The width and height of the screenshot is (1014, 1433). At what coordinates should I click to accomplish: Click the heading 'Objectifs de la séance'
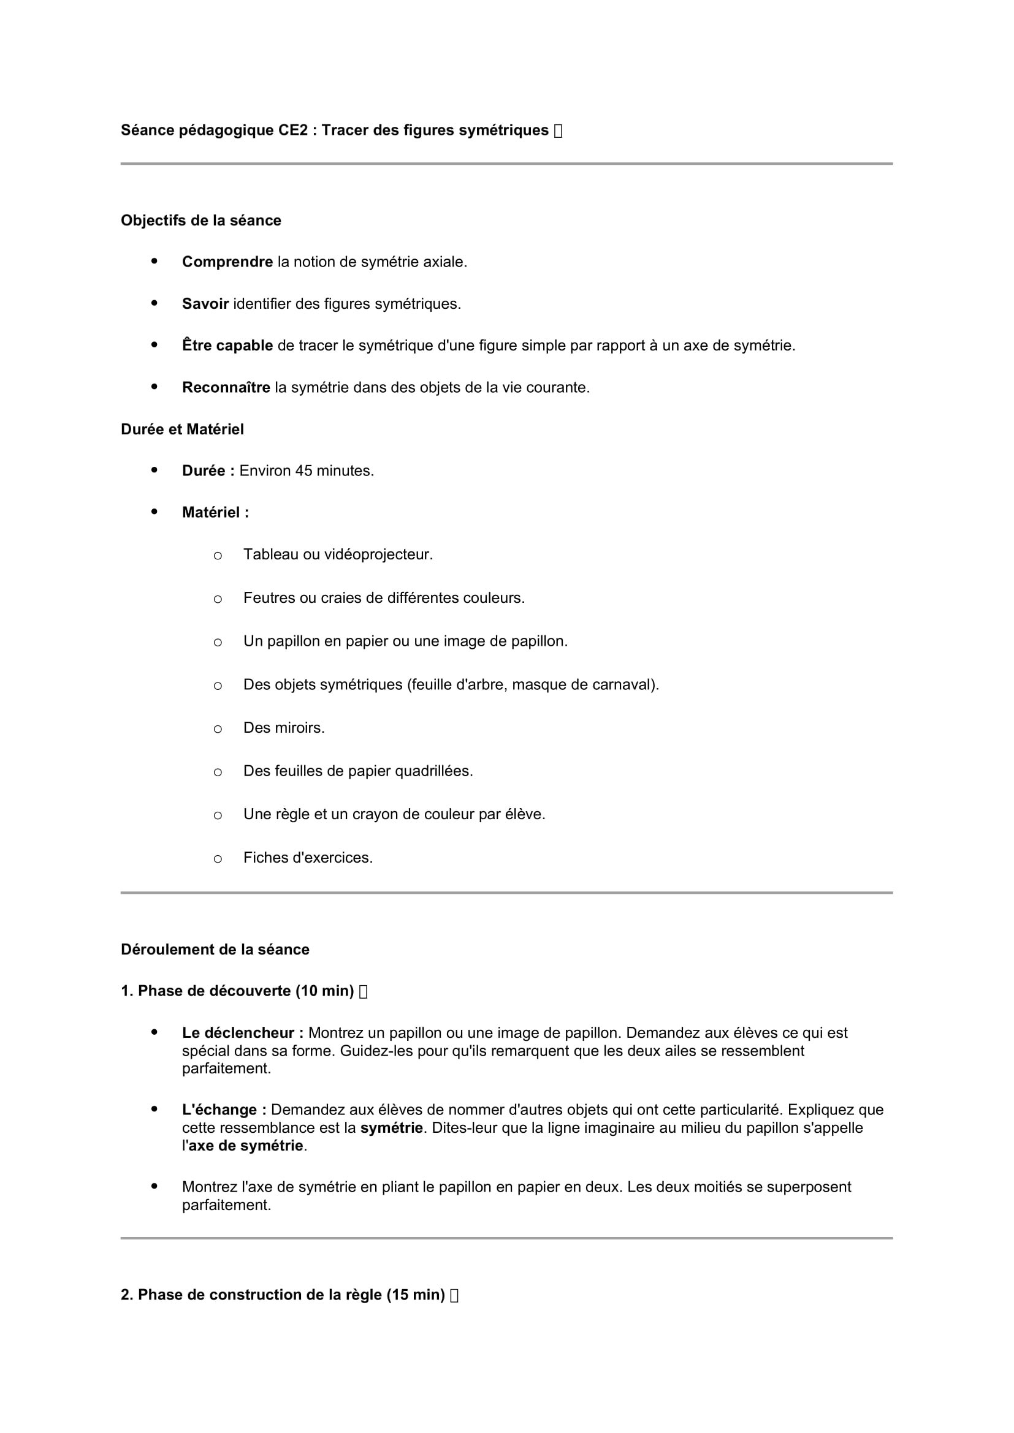[x=200, y=221]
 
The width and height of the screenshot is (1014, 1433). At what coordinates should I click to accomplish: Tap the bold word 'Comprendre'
[x=227, y=262]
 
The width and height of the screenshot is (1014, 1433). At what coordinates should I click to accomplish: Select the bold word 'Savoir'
[x=205, y=303]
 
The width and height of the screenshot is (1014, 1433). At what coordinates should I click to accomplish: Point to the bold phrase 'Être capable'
[x=227, y=345]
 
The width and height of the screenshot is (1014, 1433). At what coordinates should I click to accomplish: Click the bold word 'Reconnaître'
[x=226, y=387]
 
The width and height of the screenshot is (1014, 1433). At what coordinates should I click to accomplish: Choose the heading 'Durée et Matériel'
[x=182, y=429]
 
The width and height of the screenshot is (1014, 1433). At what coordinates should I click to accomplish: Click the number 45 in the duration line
[x=303, y=471]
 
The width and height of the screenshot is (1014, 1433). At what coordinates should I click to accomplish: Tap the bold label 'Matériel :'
[x=215, y=512]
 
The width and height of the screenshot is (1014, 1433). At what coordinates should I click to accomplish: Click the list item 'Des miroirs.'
[x=284, y=728]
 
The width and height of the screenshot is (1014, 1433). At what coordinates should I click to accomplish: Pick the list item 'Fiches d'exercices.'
[x=308, y=858]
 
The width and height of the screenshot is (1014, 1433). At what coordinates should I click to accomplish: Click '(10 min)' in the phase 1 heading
[x=325, y=991]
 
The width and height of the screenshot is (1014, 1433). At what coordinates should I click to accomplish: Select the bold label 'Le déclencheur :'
[x=243, y=1033]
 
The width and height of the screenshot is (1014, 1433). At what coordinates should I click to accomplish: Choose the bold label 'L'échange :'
[x=224, y=1110]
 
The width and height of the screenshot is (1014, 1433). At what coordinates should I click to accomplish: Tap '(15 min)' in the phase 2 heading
[x=415, y=1295]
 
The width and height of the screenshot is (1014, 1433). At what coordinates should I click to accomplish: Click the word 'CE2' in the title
[x=293, y=130]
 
